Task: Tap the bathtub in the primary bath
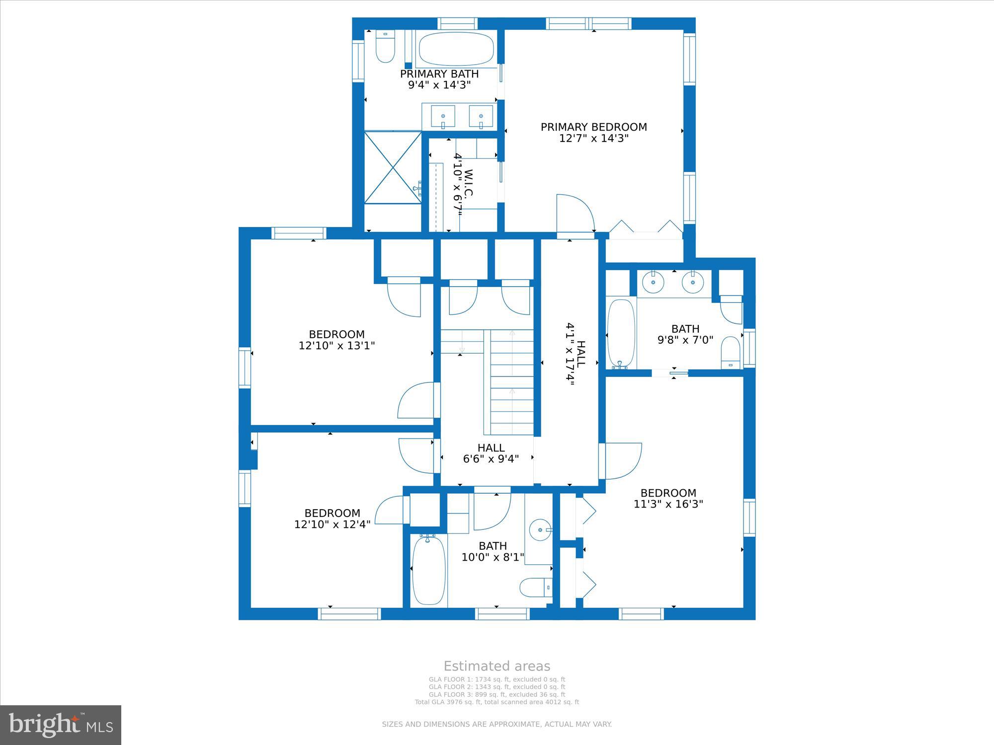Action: click(456, 49)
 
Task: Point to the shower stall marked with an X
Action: click(393, 167)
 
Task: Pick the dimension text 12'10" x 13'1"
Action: click(336, 346)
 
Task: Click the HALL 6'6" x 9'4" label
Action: click(491, 453)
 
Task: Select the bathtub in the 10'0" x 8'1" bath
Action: click(429, 570)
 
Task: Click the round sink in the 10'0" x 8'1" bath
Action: click(540, 529)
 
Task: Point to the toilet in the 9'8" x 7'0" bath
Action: click(731, 352)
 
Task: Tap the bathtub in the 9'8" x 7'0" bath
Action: click(621, 333)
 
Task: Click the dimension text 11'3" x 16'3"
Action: click(668, 504)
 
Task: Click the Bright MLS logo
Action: click(61, 725)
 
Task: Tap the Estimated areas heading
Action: click(497, 666)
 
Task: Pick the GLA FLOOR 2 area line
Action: click(497, 687)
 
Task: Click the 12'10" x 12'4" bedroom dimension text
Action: click(332, 524)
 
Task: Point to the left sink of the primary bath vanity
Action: click(443, 117)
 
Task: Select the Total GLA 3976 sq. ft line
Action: click(497, 702)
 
